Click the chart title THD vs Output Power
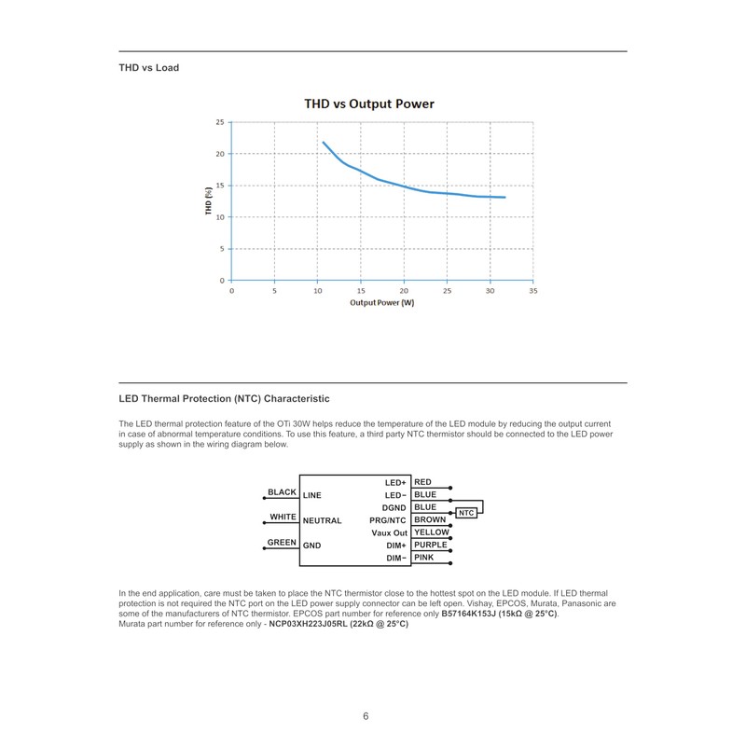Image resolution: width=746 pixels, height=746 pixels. [369, 104]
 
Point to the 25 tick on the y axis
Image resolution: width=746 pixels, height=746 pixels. [220, 122]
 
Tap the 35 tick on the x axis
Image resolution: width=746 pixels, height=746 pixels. [532, 291]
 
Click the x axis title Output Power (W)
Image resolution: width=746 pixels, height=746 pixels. [381, 303]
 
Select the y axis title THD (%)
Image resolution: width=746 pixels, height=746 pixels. [210, 200]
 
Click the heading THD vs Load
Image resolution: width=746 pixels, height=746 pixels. [148, 68]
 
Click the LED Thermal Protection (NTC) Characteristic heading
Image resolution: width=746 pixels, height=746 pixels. [224, 399]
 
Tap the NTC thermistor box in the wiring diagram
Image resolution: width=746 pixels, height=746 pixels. [467, 513]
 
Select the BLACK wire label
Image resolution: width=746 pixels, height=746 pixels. [282, 492]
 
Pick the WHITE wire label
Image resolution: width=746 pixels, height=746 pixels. [283, 517]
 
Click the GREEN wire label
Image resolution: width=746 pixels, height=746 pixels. [282, 542]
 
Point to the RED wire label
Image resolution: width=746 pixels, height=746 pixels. [422, 482]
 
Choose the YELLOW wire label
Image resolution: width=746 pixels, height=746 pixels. [431, 532]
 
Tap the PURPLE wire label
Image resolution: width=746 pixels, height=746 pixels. [430, 545]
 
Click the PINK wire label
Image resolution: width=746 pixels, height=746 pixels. [424, 558]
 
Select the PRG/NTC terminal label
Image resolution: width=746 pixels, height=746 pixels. [388, 520]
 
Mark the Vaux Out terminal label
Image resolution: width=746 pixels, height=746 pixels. [389, 532]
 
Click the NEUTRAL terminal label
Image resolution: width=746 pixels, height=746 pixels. [322, 520]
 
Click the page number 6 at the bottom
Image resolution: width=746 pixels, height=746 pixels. [366, 716]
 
